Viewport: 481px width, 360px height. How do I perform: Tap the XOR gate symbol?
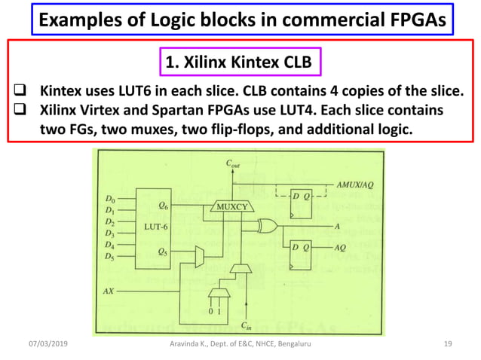click(266, 225)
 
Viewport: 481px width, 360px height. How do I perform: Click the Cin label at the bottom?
click(247, 325)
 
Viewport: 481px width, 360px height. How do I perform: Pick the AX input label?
click(109, 289)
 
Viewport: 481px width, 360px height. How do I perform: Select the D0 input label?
click(111, 199)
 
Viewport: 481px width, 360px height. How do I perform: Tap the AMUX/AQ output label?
click(354, 184)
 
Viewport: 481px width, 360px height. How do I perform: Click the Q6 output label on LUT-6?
click(164, 204)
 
